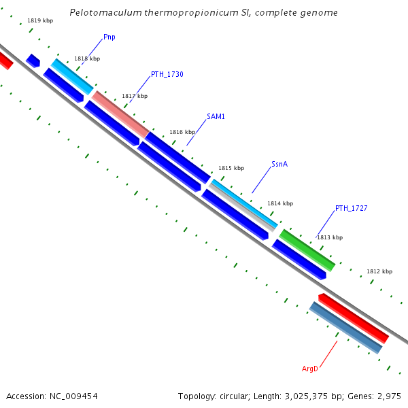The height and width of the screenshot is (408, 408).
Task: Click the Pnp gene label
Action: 109,37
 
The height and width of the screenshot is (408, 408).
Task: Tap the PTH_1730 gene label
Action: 167,74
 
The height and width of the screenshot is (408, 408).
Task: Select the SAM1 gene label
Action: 216,116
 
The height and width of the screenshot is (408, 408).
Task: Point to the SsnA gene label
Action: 279,164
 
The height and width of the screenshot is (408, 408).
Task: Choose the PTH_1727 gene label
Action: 351,208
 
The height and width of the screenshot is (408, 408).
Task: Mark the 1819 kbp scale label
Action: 40,21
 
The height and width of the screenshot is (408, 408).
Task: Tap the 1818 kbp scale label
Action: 87,59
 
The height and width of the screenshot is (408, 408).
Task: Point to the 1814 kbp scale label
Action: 280,203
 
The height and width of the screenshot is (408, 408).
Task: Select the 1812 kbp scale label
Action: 379,271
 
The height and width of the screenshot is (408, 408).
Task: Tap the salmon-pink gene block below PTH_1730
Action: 120,113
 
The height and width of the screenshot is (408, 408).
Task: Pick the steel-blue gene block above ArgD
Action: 345,328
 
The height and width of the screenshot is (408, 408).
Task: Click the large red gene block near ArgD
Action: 354,318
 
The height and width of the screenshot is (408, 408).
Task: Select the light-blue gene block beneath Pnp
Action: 72,76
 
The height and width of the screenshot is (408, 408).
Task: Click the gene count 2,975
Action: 387,396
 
